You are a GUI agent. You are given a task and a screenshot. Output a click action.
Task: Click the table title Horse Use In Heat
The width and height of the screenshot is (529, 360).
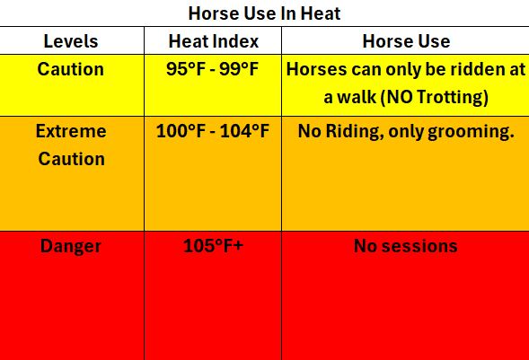pos(264,13)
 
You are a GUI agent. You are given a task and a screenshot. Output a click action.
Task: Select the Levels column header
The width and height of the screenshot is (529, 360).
pos(71,41)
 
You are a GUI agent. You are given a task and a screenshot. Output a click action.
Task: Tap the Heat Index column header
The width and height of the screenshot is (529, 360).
pos(213,41)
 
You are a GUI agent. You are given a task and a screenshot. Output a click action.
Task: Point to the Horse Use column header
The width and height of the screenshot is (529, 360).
pos(406,41)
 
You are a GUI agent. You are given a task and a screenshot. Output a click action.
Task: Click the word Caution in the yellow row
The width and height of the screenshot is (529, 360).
pos(71,69)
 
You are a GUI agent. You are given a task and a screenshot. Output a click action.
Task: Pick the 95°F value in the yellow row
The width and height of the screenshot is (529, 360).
pos(186,69)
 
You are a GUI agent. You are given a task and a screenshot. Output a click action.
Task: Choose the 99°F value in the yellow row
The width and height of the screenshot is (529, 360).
pos(239,69)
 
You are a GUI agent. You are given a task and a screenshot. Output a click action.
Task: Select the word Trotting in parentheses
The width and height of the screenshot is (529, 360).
pos(452,98)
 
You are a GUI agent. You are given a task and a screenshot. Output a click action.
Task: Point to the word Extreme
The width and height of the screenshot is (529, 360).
pos(71,131)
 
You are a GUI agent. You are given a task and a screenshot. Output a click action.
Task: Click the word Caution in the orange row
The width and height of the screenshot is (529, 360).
pos(71,159)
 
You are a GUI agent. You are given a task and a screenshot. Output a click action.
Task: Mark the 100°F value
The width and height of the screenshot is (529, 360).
pos(181,131)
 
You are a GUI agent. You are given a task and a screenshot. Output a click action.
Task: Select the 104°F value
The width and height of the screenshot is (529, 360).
pos(244,131)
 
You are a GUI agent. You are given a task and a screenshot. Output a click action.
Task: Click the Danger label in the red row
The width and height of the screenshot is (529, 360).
pos(71,246)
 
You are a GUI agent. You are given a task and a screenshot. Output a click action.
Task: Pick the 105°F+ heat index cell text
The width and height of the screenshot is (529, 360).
pos(213,246)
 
